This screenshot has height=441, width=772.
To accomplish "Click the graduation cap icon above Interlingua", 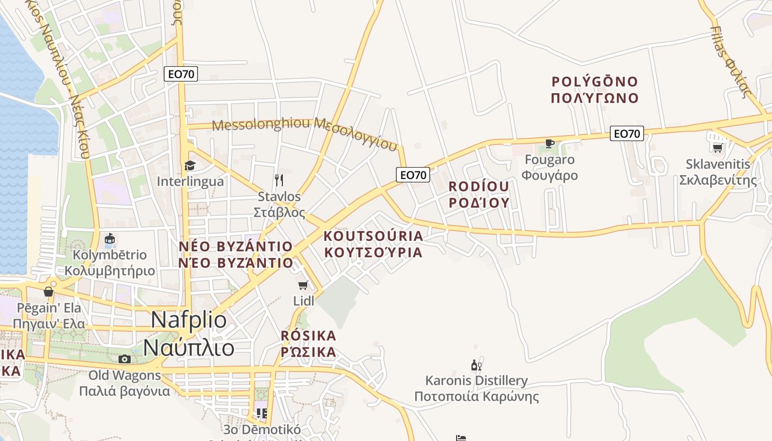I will point(190,165).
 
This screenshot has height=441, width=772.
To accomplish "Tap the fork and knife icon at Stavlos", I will point(279,180).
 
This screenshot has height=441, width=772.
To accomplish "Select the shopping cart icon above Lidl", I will point(303,285).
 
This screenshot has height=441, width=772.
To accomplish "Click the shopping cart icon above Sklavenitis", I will point(717,147).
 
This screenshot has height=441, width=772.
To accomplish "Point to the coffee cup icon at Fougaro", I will point(549,143).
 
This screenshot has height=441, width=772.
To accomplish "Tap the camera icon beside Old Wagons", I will point(125,359).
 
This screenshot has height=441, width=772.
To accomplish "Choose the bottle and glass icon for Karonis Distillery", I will point(476,365).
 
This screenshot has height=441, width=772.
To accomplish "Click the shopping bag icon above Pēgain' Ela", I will point(49,291).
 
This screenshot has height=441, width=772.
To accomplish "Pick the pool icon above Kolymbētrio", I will point(110,239).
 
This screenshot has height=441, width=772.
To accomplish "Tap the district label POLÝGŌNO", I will point(594,82).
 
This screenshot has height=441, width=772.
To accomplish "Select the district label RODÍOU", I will point(479,186).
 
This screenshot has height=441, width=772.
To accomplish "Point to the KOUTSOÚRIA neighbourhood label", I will point(373,236).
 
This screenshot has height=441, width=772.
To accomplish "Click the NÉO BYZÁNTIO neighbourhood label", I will point(236,246).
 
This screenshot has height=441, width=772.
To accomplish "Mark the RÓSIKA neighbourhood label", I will point(308,335).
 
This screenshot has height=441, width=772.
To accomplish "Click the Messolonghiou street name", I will point(261,125).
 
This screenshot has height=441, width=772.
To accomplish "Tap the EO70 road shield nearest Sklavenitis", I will point(627,133).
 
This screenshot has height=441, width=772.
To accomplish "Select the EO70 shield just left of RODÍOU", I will point(413,175).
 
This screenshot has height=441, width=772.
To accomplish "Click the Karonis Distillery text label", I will point(476,380).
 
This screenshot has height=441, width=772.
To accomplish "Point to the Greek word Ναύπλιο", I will point(189,348).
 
